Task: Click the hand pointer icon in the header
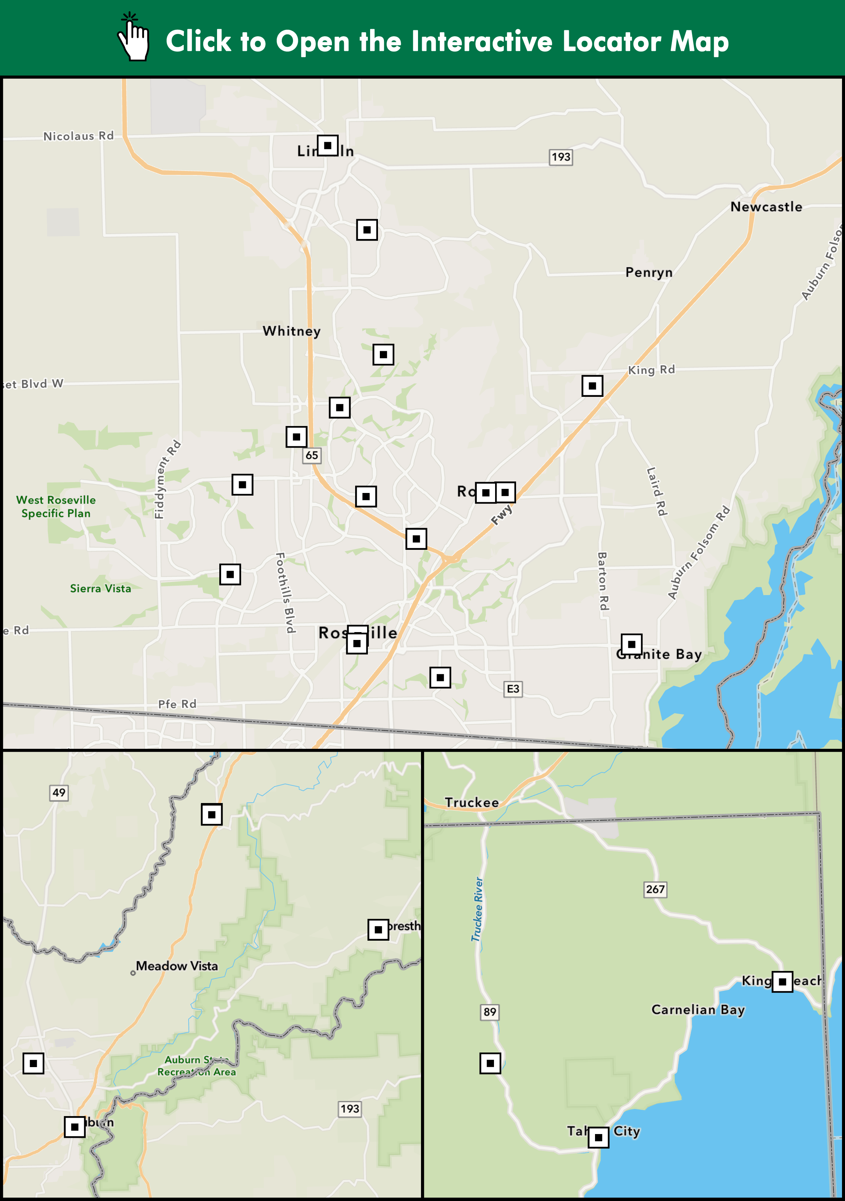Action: point(134,38)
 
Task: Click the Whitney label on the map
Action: point(292,331)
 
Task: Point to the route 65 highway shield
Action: point(312,455)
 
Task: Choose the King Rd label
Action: point(652,370)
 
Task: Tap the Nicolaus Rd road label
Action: point(79,136)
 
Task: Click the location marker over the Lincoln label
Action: point(327,145)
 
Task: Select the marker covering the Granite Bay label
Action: point(632,644)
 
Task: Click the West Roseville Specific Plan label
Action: point(56,506)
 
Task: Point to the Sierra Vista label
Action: point(100,588)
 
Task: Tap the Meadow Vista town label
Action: point(177,966)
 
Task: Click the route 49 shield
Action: point(59,793)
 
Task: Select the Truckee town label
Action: point(472,802)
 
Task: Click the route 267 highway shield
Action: point(655,889)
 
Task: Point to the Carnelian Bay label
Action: point(698,1009)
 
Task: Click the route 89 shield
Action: point(490,1012)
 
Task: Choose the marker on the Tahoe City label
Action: point(598,1137)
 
